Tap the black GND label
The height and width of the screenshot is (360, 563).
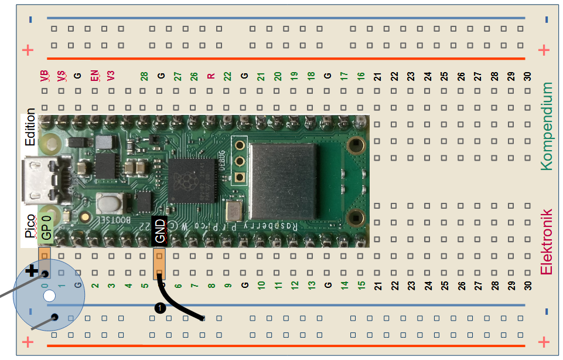pyautogui.click(x=159, y=230)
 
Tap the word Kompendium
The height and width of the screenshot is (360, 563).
pyautogui.click(x=546, y=126)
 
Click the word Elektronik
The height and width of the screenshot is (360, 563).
pyautogui.click(x=546, y=242)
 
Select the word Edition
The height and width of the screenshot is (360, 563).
pyautogui.click(x=30, y=127)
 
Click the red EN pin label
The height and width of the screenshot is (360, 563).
pyautogui.click(x=94, y=76)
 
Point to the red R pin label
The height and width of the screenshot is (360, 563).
pyautogui.click(x=211, y=76)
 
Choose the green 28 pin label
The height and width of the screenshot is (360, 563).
pyautogui.click(x=144, y=76)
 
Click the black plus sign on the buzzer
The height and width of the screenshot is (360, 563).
pyautogui.click(x=32, y=271)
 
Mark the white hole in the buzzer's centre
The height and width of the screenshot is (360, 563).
pyautogui.click(x=50, y=295)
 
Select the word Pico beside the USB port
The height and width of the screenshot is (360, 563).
pyautogui.click(x=30, y=226)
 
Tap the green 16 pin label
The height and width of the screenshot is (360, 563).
pyautogui.click(x=361, y=76)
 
